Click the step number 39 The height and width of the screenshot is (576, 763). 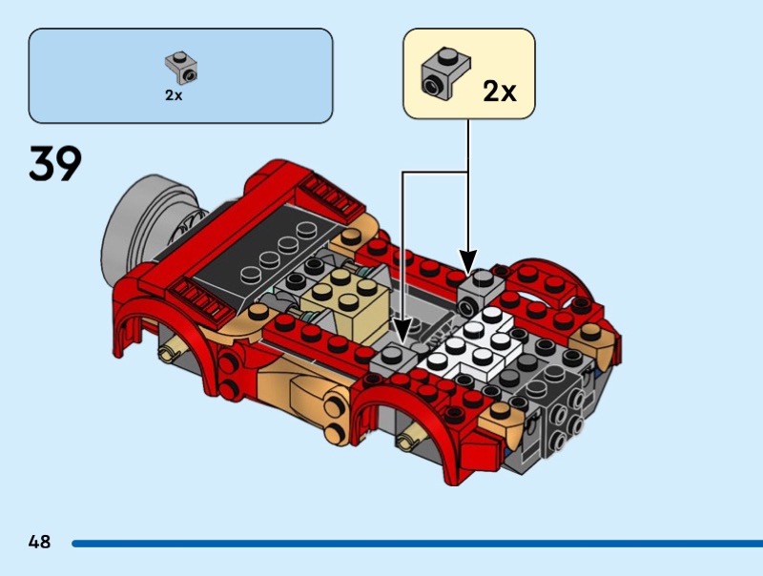[x=55, y=164]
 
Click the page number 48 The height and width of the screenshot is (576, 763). [x=39, y=543]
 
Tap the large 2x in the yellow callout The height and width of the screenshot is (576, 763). [x=498, y=92]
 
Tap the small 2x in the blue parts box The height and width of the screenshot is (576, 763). [x=173, y=95]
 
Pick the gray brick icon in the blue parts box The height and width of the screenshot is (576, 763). [x=180, y=68]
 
